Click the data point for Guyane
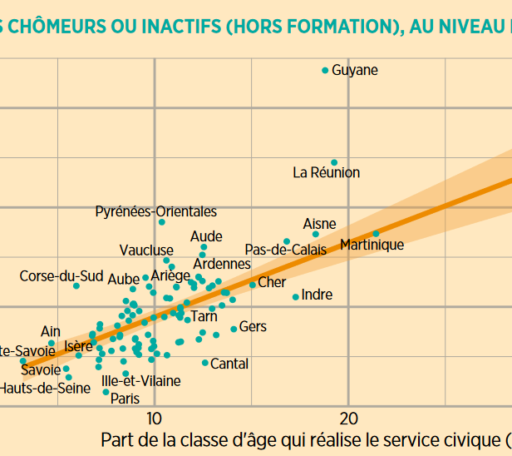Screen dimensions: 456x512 click(325, 71)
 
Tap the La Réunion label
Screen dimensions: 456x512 click(327, 173)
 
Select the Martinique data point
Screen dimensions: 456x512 click(376, 234)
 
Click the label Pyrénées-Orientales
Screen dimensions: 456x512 click(156, 212)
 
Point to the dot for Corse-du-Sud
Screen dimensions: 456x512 click(76, 285)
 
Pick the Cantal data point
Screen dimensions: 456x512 click(205, 363)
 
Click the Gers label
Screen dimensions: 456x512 click(253, 327)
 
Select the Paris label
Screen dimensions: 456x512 click(126, 399)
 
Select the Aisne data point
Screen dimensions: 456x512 click(315, 235)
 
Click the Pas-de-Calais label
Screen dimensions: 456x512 click(286, 250)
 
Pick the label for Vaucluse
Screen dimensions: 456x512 click(146, 250)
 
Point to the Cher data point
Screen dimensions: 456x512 click(253, 285)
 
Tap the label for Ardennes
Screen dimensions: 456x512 click(222, 265)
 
